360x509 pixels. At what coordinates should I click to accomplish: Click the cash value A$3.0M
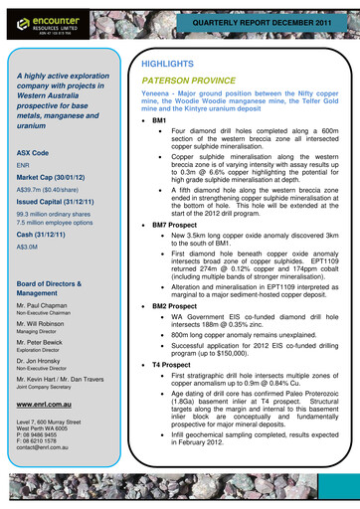click(28, 247)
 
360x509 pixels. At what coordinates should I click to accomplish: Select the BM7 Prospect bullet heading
click(178, 226)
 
